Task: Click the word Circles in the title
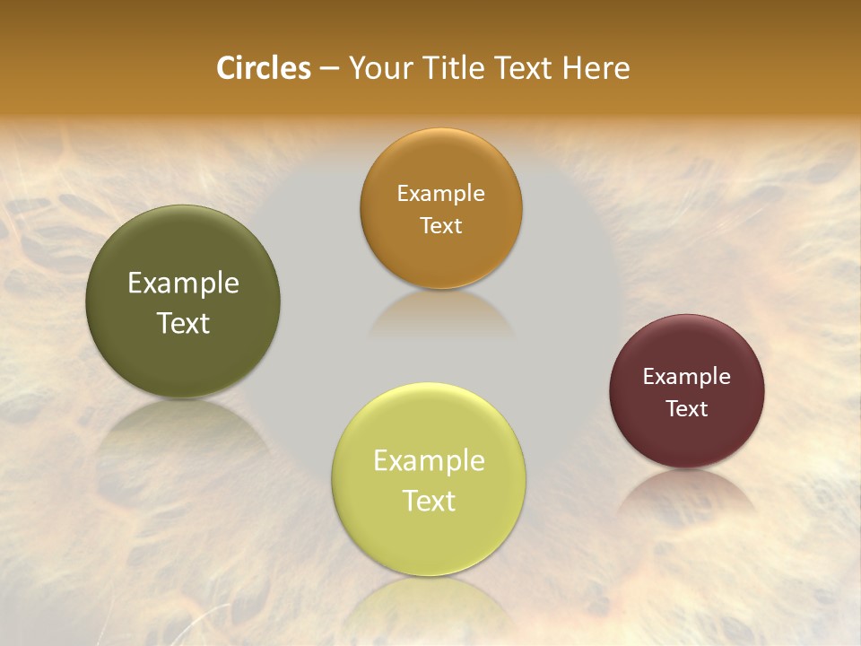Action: pos(264,68)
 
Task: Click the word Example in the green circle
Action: pos(183,284)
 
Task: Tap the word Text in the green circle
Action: pos(183,323)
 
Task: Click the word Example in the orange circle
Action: pos(440,194)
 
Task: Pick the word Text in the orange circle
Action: pos(440,226)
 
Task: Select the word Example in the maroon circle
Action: pos(686,377)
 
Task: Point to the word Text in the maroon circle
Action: pos(686,409)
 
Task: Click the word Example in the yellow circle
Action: pos(429,461)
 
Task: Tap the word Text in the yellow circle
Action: pos(429,501)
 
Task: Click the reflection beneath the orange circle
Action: pos(440,314)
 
